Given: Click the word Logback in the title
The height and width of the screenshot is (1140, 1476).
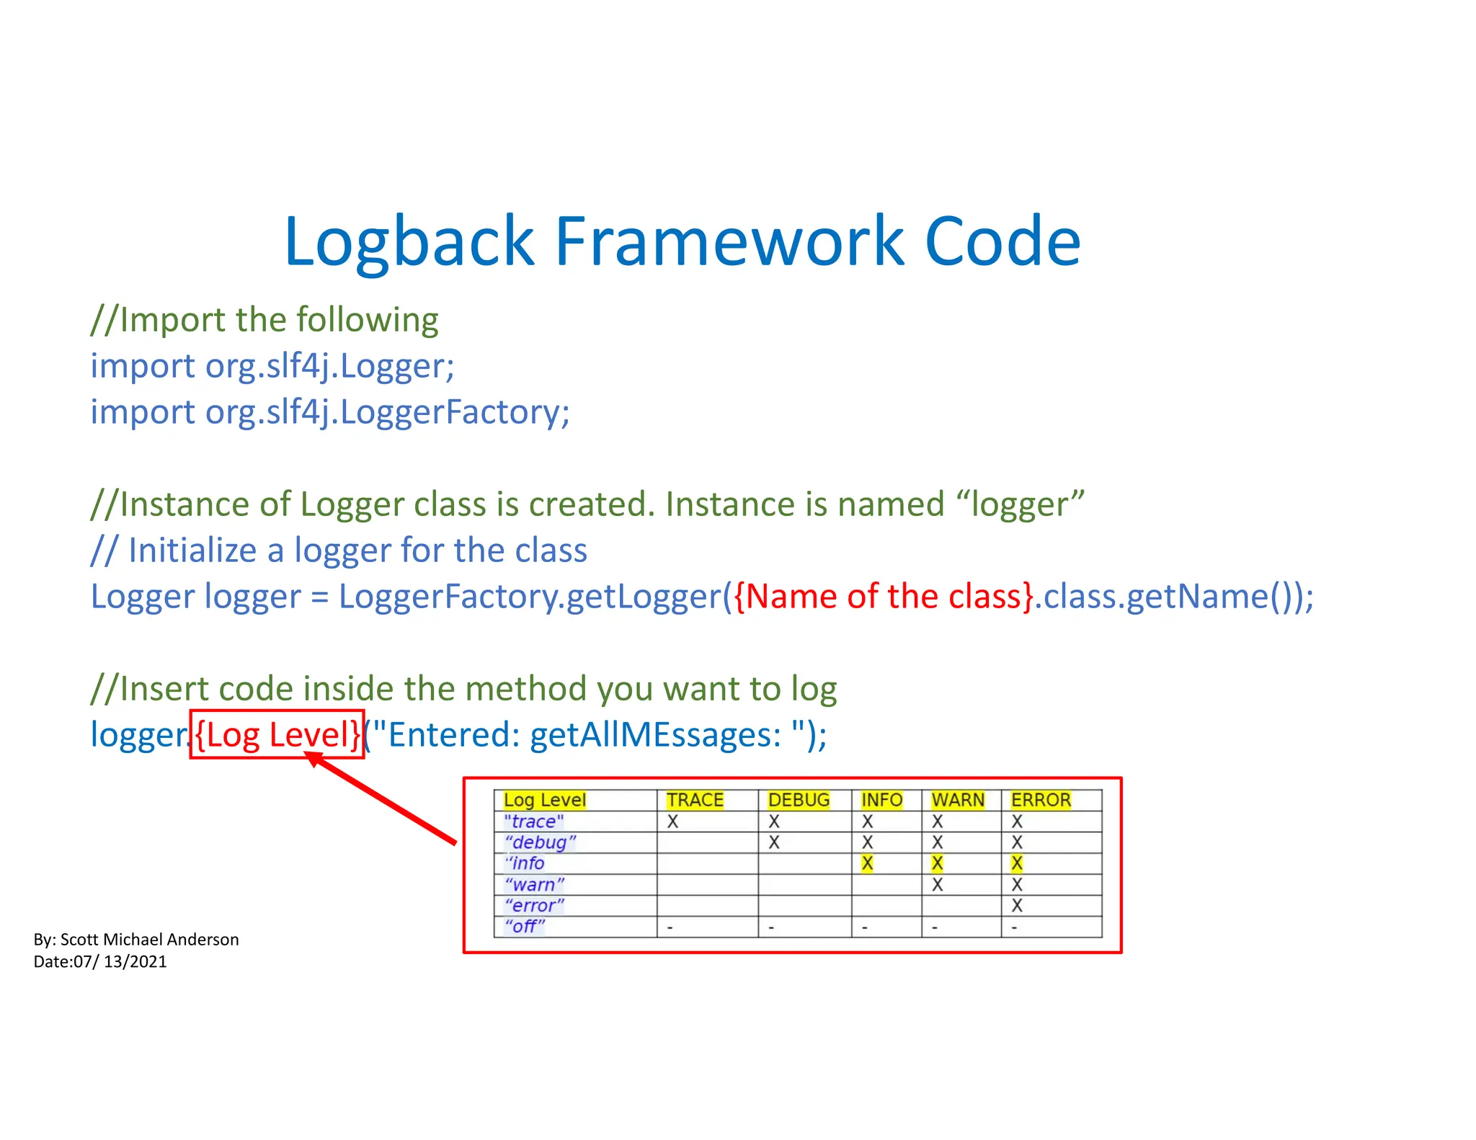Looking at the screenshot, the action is [409, 241].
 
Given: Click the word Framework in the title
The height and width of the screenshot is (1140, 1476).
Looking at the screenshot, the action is [728, 241].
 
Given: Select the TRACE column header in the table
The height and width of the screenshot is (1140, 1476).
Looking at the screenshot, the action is [694, 800].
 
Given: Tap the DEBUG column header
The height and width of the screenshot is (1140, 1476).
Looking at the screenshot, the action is [799, 800].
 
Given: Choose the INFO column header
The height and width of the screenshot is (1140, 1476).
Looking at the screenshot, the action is [881, 800].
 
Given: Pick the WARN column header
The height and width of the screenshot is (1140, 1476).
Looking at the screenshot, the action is [957, 800].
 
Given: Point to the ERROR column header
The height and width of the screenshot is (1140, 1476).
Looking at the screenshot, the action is [1041, 800].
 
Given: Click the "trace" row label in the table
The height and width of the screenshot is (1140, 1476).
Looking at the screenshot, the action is [533, 821].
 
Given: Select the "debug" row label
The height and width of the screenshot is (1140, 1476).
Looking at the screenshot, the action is [540, 842].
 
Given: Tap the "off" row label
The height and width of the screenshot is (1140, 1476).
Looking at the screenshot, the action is [525, 926].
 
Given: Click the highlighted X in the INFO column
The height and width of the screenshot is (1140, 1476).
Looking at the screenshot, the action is [867, 863].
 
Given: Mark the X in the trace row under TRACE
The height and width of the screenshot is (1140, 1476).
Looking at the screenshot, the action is [672, 821].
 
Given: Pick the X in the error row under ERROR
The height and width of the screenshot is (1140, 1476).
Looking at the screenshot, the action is [1017, 906].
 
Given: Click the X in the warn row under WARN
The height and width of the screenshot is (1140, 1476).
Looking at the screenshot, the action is [937, 885].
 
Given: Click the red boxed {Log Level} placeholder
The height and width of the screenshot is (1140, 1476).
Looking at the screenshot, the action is [277, 735].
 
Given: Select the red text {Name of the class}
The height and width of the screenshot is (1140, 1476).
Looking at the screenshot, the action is [884, 597].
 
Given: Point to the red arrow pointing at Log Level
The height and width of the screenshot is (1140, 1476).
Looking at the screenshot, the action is [382, 798].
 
